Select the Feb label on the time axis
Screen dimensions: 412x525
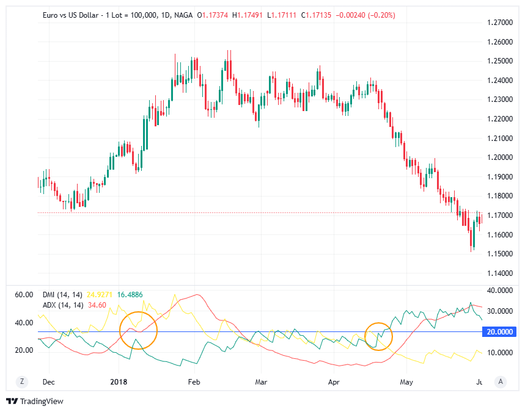(x=194, y=382)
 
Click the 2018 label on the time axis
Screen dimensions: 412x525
(x=118, y=382)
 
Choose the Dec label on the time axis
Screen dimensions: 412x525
(x=49, y=382)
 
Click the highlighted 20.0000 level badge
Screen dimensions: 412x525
(x=501, y=332)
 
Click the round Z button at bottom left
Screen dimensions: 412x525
(x=22, y=381)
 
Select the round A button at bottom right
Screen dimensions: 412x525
(x=501, y=381)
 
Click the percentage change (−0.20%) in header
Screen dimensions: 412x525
(x=381, y=15)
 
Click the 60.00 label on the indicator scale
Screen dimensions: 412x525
(x=23, y=295)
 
